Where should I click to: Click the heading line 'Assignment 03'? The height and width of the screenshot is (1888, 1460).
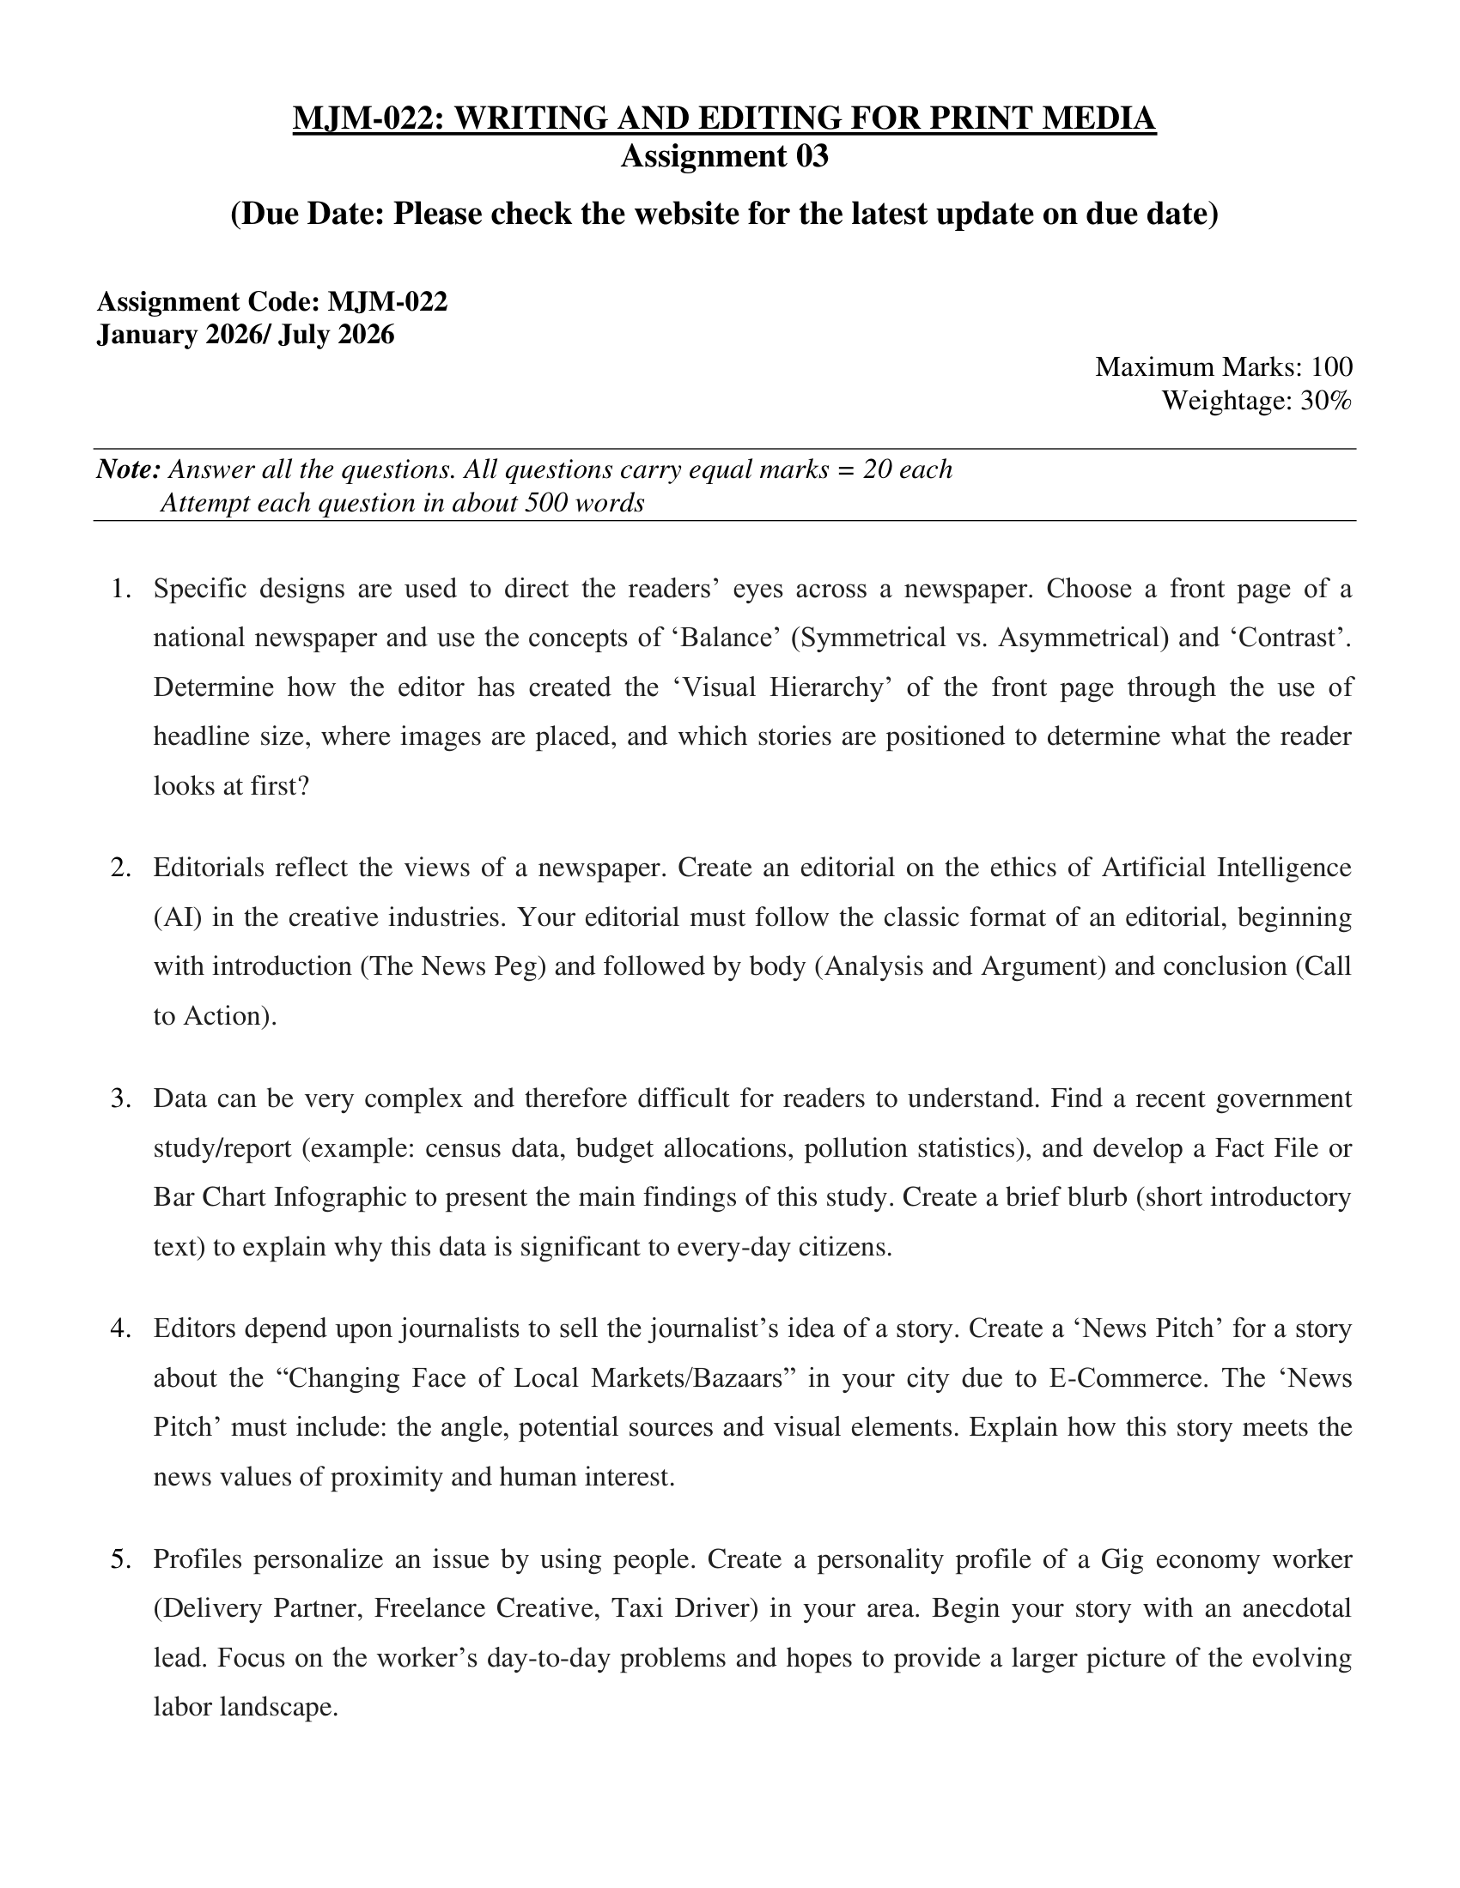click(x=724, y=156)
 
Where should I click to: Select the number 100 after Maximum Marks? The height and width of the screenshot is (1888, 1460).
click(x=1331, y=366)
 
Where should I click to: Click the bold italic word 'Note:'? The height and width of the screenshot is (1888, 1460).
click(x=129, y=469)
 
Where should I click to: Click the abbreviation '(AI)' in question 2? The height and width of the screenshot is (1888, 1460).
click(x=177, y=917)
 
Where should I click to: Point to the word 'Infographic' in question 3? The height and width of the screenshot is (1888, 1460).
click(x=344, y=1197)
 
